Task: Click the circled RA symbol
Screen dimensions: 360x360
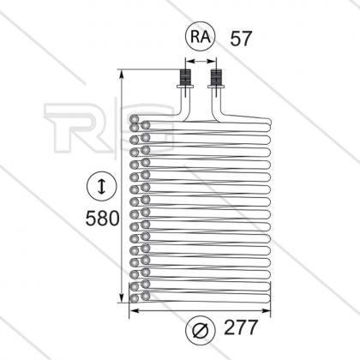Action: (200, 37)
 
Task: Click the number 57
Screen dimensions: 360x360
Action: (241, 39)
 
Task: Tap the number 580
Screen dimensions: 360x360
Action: (102, 218)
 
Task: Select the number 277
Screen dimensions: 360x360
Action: (241, 327)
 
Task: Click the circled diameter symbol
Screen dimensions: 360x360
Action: (201, 331)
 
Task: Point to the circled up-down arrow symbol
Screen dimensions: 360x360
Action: (102, 186)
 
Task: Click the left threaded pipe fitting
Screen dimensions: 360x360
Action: (185, 76)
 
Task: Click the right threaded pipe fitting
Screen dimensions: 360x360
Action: (216, 76)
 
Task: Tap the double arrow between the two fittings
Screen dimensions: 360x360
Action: (201, 61)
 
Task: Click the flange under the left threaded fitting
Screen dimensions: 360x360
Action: (185, 87)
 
